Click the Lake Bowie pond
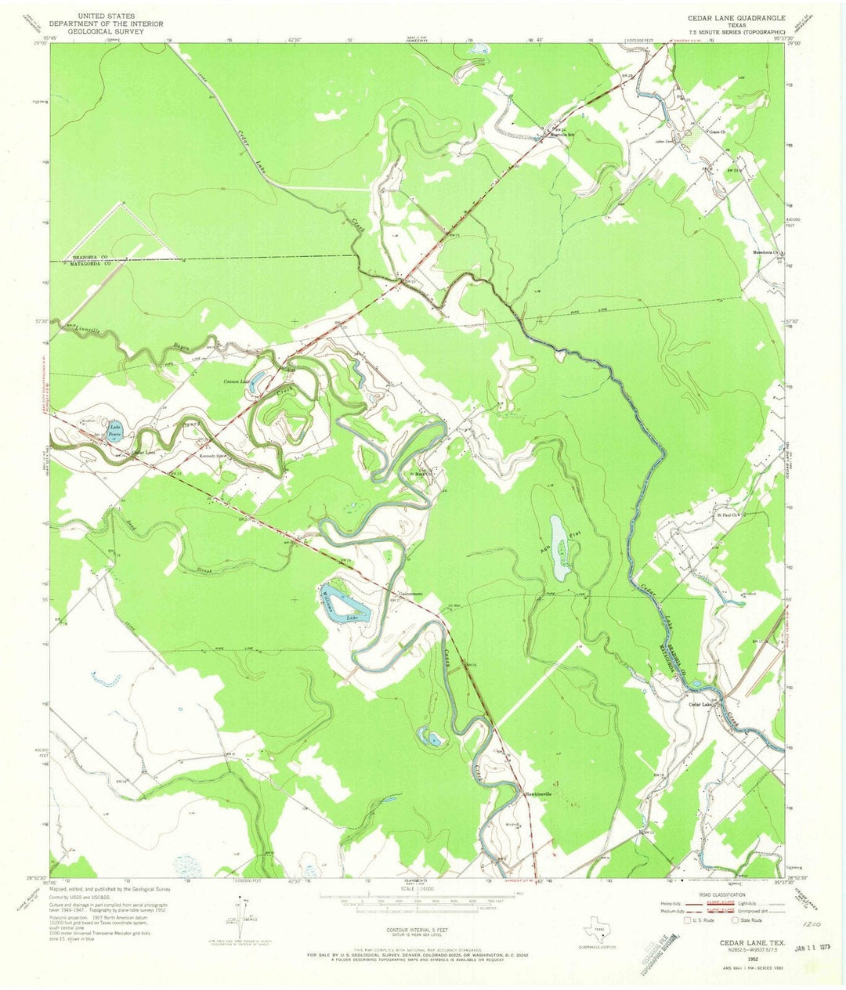click(115, 430)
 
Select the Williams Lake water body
click(345, 602)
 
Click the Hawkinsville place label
click(537, 794)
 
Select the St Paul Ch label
click(729, 515)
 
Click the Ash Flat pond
click(560, 547)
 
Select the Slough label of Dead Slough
click(205, 570)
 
